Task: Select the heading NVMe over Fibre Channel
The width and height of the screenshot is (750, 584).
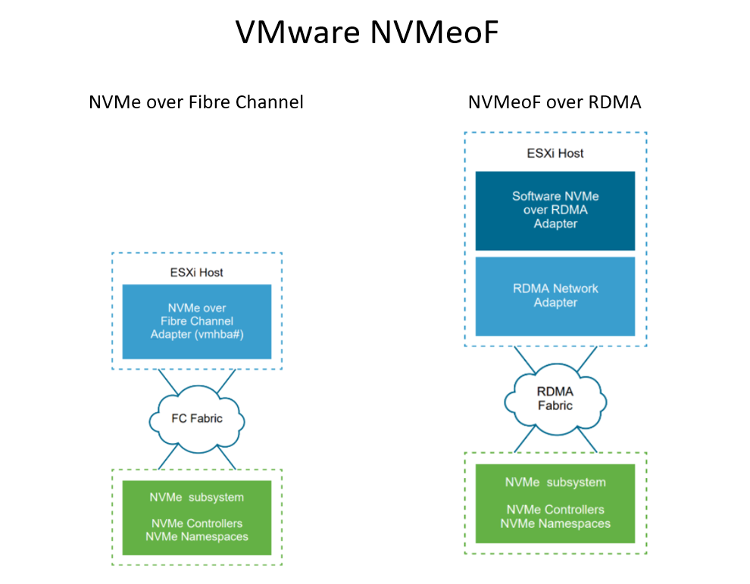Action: pos(196,101)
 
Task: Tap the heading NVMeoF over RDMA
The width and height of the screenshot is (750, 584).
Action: pos(555,101)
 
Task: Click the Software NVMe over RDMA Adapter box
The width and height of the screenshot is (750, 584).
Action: pos(555,211)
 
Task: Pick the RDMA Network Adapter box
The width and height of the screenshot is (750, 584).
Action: pos(555,296)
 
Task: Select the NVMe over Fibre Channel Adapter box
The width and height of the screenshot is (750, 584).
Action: pos(196,322)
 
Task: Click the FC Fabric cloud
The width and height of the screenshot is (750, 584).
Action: pos(196,418)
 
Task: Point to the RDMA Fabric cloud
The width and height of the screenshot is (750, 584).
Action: pos(555,398)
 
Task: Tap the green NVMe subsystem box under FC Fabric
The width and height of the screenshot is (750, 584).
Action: pos(196,517)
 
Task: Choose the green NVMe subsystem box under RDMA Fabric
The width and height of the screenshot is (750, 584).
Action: pos(555,504)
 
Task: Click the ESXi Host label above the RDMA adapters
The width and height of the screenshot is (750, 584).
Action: pos(555,153)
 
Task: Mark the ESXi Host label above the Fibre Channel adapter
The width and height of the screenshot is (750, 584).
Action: pos(196,272)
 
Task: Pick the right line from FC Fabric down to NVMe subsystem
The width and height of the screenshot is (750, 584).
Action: pos(227,457)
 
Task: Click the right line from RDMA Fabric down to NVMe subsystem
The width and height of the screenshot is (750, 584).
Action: pos(585,441)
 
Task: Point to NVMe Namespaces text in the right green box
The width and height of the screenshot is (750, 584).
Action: pos(555,523)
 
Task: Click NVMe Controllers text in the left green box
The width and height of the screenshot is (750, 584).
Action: pos(196,524)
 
